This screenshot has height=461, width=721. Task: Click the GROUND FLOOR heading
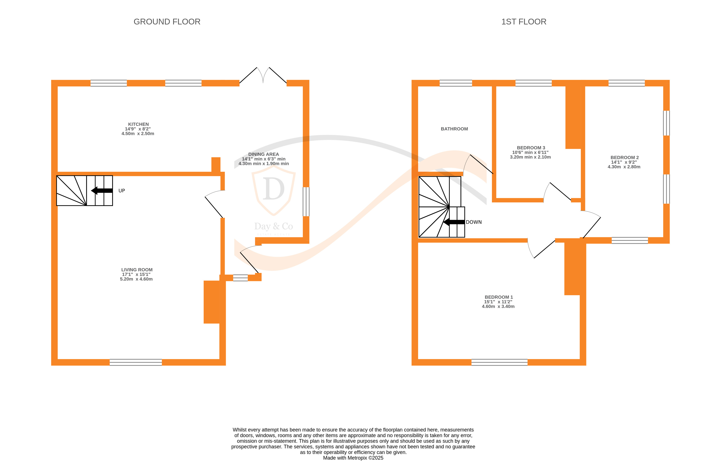tap(167, 22)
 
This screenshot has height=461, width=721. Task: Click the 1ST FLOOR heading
tap(524, 22)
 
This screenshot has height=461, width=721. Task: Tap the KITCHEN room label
tap(138, 124)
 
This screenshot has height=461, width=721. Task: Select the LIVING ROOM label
tap(137, 270)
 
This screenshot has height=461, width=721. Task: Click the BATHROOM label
tap(454, 129)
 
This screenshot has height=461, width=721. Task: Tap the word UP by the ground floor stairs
tap(122, 191)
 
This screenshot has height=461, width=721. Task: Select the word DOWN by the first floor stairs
tap(474, 222)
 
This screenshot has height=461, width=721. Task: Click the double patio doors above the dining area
tap(263, 75)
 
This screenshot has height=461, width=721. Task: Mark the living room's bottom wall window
tap(136, 362)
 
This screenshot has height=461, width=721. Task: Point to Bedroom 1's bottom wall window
tap(499, 362)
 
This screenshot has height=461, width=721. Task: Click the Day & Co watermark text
tap(273, 226)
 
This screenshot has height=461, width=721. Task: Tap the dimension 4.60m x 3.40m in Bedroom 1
tap(498, 307)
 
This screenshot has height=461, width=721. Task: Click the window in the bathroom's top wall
tap(456, 83)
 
